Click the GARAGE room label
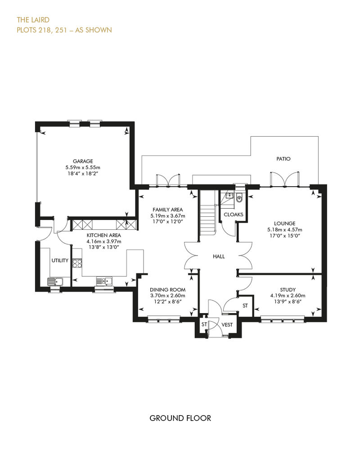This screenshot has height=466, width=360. (x=83, y=161)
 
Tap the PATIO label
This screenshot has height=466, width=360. (x=283, y=159)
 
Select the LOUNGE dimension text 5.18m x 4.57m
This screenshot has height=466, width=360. (x=284, y=229)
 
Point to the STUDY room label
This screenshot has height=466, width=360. (x=288, y=290)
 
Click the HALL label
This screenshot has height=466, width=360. (x=219, y=256)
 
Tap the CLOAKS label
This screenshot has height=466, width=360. (x=234, y=214)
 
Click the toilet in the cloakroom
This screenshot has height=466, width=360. (x=239, y=198)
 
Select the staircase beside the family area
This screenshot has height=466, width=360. (x=207, y=211)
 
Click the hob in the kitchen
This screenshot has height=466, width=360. (x=77, y=263)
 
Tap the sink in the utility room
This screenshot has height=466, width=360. (x=55, y=281)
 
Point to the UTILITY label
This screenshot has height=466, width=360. (x=60, y=260)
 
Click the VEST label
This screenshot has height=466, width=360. (x=227, y=325)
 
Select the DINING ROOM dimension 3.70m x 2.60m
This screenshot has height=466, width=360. (x=168, y=296)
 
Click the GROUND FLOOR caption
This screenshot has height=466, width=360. (x=180, y=418)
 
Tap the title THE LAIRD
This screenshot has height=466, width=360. (x=33, y=20)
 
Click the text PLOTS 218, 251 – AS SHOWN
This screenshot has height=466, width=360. (x=64, y=30)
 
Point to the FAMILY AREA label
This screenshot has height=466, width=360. (x=168, y=210)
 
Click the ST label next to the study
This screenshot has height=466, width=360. (x=245, y=305)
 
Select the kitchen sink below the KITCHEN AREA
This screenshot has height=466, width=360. (x=104, y=281)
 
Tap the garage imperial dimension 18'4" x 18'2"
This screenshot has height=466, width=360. (x=83, y=173)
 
